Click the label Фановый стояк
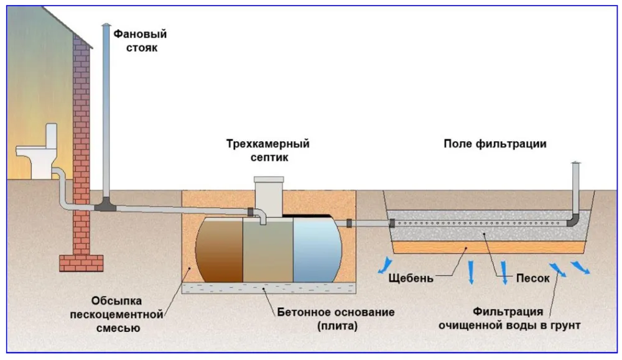point(140,41)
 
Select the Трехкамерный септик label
point(268,150)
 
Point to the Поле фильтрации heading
point(494,144)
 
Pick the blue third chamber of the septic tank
point(317,249)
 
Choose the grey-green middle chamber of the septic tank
point(268,251)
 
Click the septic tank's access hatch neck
point(269,196)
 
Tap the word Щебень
point(411,278)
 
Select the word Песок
point(533,278)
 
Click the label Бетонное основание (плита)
point(336,319)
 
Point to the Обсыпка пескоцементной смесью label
point(117,315)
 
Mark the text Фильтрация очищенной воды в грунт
point(509,318)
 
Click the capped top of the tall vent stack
point(106,25)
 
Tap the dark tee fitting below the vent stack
point(106,205)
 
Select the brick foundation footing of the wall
point(81,263)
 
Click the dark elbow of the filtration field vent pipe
point(573,220)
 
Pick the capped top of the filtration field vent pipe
point(575,163)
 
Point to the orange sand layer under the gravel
point(488,247)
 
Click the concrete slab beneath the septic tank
point(269,288)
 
